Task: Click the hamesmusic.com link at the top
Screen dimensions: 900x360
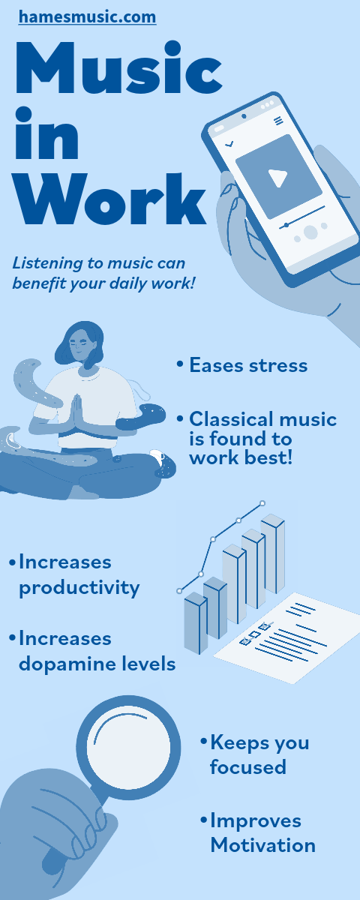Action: pos(87,16)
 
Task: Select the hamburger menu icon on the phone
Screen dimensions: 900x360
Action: pos(279,121)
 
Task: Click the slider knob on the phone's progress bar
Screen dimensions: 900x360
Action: pos(286,224)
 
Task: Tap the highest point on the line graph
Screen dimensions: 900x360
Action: pos(262,502)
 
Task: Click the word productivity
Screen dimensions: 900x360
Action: pos(79,586)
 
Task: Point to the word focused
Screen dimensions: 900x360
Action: pos(248,767)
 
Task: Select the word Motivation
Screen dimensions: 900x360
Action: pos(262,845)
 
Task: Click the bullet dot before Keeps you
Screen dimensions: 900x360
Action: pos(203,742)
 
